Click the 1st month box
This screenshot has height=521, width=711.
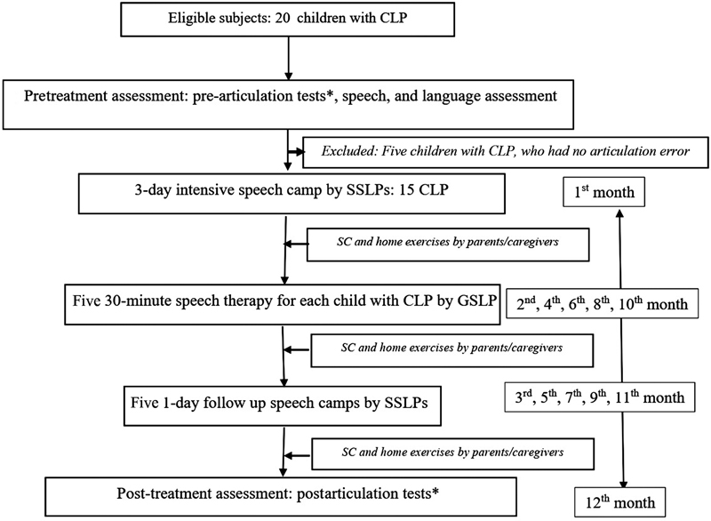603,192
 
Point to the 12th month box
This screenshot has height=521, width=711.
619,502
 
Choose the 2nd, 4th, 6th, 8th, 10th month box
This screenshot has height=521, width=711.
602,303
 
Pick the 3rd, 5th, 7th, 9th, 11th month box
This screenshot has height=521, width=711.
599,397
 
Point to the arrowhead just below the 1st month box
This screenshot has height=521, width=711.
620,212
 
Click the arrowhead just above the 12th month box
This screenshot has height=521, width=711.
623,483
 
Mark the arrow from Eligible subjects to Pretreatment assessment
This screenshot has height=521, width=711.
288,58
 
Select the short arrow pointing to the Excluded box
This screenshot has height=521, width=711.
296,151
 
